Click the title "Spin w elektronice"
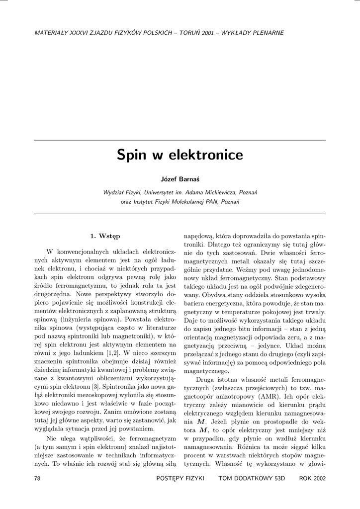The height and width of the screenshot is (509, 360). coord(180,155)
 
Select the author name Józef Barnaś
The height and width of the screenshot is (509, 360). coord(180,179)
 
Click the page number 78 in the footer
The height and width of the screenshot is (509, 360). coord(37,478)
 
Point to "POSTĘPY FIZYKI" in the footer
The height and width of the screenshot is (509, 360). coord(180,478)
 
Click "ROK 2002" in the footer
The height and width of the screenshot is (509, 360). coord(312,478)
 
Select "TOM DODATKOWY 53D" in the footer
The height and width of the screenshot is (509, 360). coord(252,478)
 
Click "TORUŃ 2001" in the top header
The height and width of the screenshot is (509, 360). coord(199,33)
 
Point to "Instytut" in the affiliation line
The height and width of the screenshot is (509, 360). coord(145,202)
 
